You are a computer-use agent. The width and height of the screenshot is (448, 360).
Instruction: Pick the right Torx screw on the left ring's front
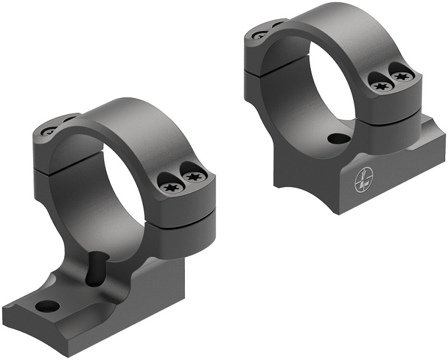(x=194, y=177)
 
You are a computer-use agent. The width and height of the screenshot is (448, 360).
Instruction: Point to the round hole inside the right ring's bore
(x=336, y=138)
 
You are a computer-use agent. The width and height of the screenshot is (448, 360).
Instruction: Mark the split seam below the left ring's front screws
(x=185, y=216)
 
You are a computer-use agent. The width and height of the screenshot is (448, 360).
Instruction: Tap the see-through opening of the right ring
(x=316, y=84)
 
